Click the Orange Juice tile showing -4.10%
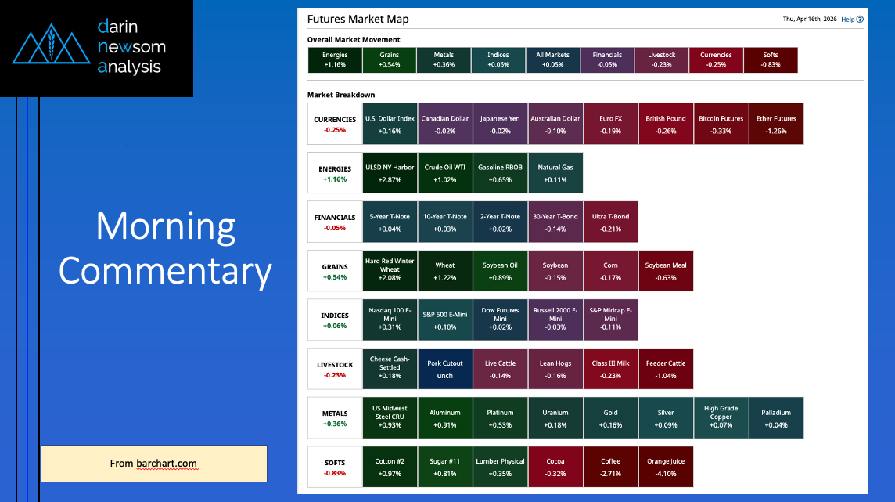point(666,467)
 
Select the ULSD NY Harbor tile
point(390,173)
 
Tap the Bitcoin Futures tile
point(721,125)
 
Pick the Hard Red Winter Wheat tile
point(390,271)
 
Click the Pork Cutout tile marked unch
point(445,369)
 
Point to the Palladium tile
point(775,418)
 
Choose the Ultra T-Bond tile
point(610,222)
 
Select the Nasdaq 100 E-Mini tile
point(390,320)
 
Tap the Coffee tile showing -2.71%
point(610,467)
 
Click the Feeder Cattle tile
point(666,369)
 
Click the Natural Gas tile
point(555,173)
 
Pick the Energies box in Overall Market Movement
point(335,60)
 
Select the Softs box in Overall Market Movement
point(771,60)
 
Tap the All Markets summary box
point(553,60)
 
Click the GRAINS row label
point(335,271)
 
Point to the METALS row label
point(335,418)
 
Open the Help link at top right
point(852,20)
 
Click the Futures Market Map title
point(358,20)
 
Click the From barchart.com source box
point(153,464)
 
